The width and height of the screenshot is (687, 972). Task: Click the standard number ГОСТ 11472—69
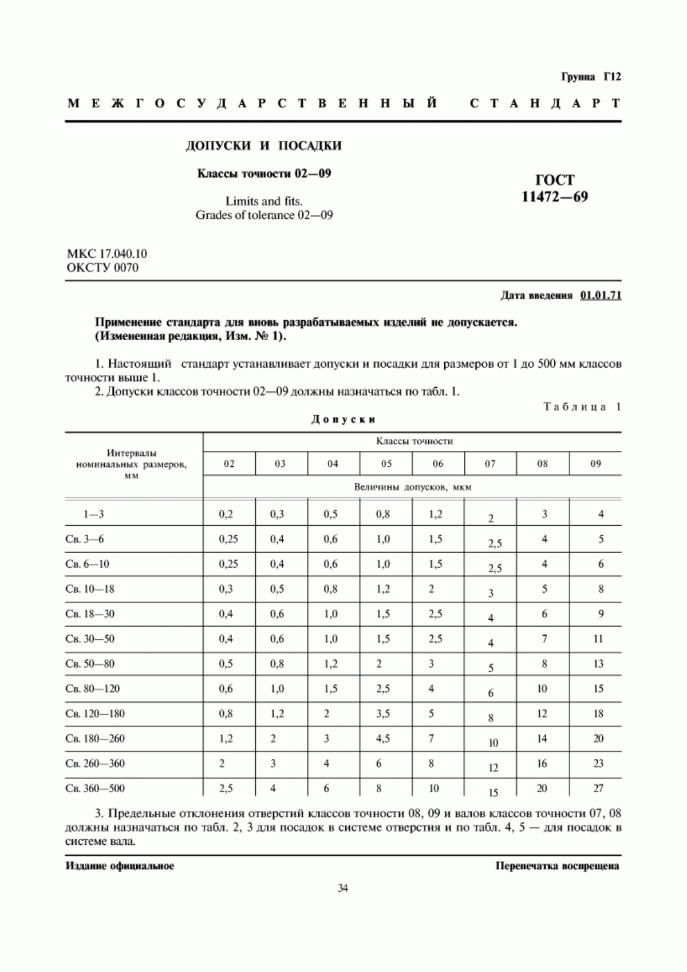555,188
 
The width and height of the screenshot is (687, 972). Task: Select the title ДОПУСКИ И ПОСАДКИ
263,145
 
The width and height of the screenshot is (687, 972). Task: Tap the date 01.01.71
601,296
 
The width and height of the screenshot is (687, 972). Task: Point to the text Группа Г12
591,77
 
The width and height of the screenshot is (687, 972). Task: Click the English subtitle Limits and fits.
264,201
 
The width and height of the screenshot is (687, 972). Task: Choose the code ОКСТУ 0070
102,267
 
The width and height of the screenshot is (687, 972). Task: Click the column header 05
386,464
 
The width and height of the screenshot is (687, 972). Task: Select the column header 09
595,464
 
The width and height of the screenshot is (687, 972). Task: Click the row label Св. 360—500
95,789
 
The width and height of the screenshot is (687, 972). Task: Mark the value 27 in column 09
598,789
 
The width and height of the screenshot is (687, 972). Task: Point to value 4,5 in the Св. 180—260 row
383,739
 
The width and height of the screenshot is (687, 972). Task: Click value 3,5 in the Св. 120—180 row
383,714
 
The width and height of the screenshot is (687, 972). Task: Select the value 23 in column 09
598,764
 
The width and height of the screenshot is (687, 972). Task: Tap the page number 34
343,888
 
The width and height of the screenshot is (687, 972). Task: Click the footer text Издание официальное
120,866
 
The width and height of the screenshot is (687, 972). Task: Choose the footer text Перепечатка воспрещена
557,866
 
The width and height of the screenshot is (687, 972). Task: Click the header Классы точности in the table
414,441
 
